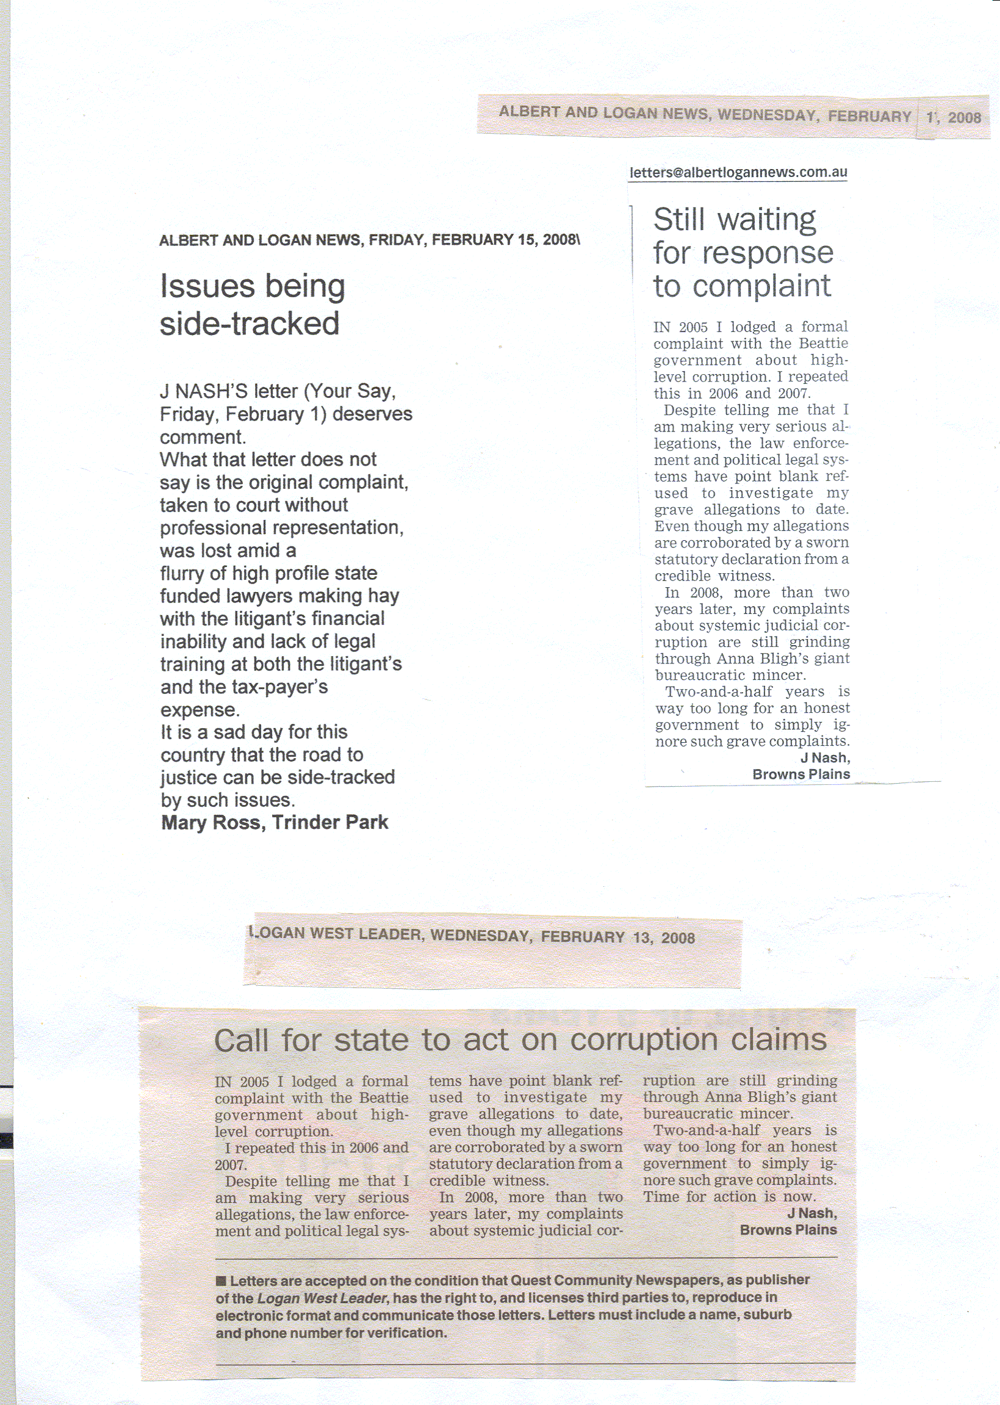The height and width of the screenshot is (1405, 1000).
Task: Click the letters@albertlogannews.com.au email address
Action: [x=738, y=173]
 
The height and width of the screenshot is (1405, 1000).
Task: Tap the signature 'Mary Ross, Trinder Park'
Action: [x=275, y=822]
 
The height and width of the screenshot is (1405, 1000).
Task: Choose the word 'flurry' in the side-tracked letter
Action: [x=182, y=574]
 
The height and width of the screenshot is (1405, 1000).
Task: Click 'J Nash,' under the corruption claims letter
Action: [x=811, y=1213]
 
